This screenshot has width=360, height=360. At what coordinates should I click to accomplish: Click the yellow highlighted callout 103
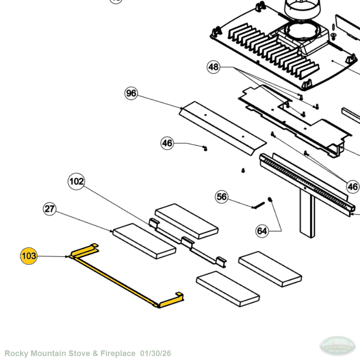click(x=29, y=256)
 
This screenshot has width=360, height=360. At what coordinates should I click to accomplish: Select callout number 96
click(x=131, y=93)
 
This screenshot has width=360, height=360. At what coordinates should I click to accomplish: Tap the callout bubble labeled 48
click(x=214, y=67)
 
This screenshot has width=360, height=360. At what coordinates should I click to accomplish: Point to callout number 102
click(x=76, y=181)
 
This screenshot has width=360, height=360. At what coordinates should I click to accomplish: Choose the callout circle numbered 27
click(x=50, y=209)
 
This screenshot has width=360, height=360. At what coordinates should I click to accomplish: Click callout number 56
click(x=222, y=197)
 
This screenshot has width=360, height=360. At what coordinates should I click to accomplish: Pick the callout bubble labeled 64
click(x=262, y=231)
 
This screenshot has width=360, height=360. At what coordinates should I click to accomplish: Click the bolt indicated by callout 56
click(x=258, y=205)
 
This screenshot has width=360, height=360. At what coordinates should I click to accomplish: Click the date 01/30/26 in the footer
click(x=155, y=353)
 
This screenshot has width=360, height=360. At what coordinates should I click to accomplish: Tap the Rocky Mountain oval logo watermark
click(x=338, y=346)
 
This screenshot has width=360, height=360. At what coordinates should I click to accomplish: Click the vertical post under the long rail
click(x=307, y=213)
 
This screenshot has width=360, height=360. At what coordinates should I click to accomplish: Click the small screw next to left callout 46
click(x=204, y=148)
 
